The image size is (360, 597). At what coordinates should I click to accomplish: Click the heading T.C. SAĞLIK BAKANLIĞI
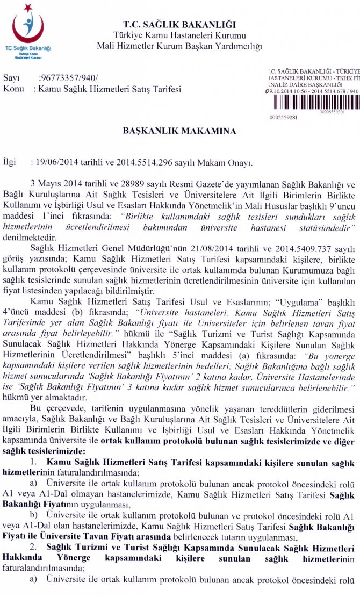[x=179, y=25]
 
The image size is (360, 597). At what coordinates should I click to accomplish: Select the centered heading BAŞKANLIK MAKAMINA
[x=179, y=131]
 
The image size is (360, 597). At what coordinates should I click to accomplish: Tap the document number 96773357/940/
[x=68, y=78]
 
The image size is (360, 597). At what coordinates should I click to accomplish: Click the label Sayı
[x=11, y=78]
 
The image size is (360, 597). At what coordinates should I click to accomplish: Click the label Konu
[x=13, y=89]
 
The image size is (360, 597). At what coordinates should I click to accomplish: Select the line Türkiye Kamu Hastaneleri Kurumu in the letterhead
[x=179, y=35]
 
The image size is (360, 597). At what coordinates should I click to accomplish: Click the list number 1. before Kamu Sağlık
[x=34, y=463]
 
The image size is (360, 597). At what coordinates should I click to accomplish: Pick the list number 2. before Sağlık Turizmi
[x=33, y=548]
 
